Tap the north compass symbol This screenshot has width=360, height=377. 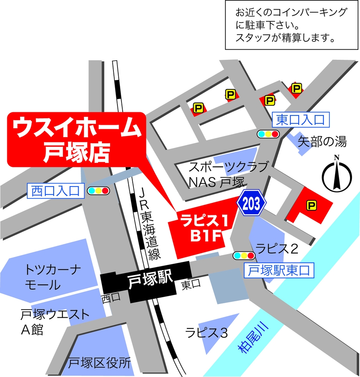[337, 175]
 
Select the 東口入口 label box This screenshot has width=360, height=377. [300, 120]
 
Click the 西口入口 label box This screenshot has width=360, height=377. [56, 191]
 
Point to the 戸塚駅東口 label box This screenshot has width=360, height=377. [279, 271]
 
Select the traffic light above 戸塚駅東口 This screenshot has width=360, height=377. [244, 255]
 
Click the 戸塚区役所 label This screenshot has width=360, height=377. [99, 363]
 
